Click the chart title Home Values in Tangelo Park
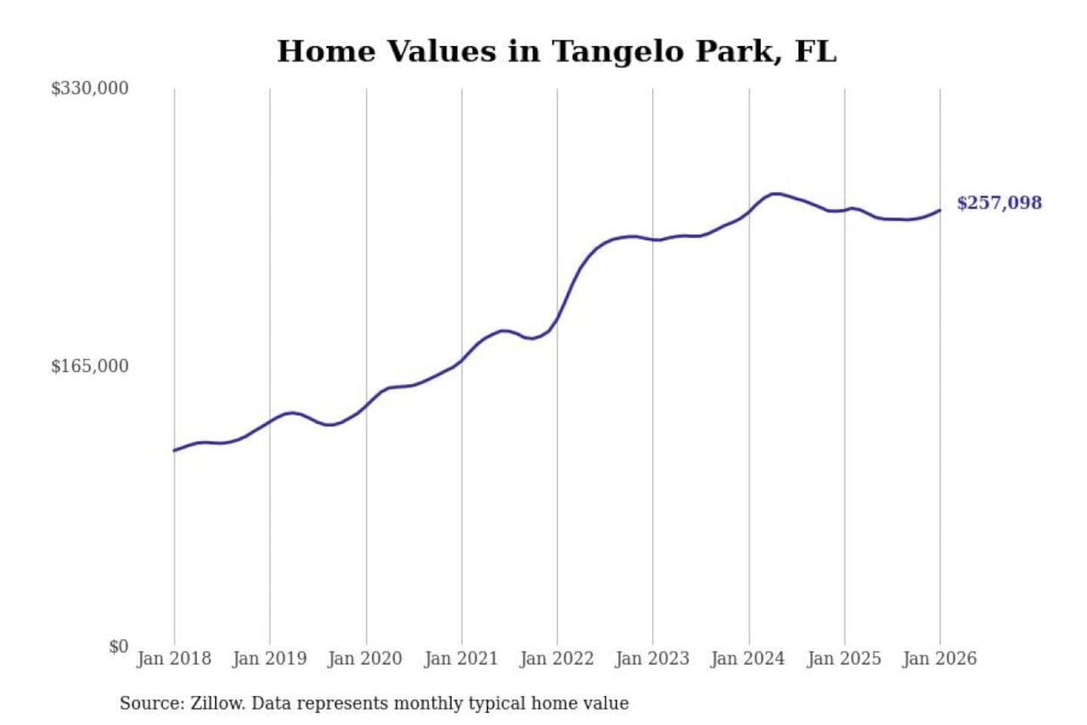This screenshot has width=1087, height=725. [x=556, y=51]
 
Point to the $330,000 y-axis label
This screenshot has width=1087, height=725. [x=90, y=88]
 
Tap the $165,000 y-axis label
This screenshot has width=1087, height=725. [x=90, y=366]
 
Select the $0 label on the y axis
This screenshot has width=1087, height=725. [x=119, y=646]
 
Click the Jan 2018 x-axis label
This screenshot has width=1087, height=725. [x=174, y=659]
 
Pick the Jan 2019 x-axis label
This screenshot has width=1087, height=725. [x=269, y=659]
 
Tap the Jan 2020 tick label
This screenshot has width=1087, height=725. [x=365, y=659]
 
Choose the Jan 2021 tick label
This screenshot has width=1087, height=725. [x=461, y=659]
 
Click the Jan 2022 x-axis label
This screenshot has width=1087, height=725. [x=557, y=659]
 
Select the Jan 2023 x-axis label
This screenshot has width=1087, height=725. [x=652, y=659]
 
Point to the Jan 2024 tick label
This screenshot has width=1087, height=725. [x=748, y=659]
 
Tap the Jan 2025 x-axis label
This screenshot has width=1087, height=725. [x=844, y=659]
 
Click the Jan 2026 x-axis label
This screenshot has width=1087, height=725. [x=940, y=659]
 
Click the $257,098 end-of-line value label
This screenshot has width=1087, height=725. [x=999, y=202]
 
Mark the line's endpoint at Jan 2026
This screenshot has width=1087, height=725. [x=940, y=210]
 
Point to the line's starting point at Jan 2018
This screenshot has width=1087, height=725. [x=174, y=451]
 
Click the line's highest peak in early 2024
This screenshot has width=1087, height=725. [x=775, y=193]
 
